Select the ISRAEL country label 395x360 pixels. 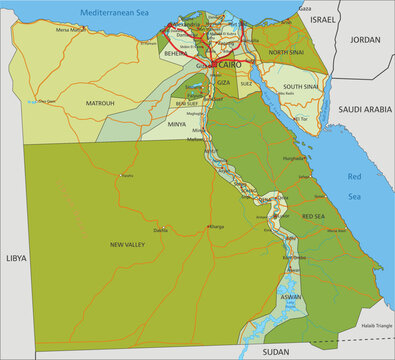click(323, 19)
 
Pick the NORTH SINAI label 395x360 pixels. click(286, 52)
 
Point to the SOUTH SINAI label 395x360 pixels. click(300, 87)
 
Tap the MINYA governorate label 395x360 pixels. click(177, 124)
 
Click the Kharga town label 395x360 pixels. click(216, 226)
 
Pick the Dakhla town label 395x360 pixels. click(160, 230)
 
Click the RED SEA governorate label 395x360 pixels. click(312, 216)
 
